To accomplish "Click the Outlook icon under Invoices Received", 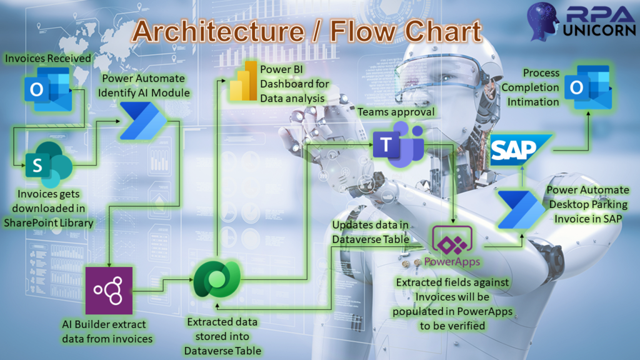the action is pyautogui.click(x=48, y=89).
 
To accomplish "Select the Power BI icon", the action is pyautogui.click(x=243, y=81).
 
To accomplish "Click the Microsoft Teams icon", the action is pyautogui.click(x=398, y=145).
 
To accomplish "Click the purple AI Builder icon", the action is pyautogui.click(x=109, y=291).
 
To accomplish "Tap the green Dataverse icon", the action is pyautogui.click(x=217, y=279).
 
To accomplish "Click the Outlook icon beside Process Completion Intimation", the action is pyautogui.click(x=588, y=87).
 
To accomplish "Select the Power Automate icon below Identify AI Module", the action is pyautogui.click(x=144, y=121).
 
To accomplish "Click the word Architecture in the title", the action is pyautogui.click(x=219, y=31).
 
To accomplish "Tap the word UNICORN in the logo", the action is pyautogui.click(x=599, y=30).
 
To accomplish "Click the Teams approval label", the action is pyautogui.click(x=396, y=112).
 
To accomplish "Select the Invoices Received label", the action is pyautogui.click(x=47, y=58).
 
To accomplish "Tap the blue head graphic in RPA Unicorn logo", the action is pyautogui.click(x=542, y=21).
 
